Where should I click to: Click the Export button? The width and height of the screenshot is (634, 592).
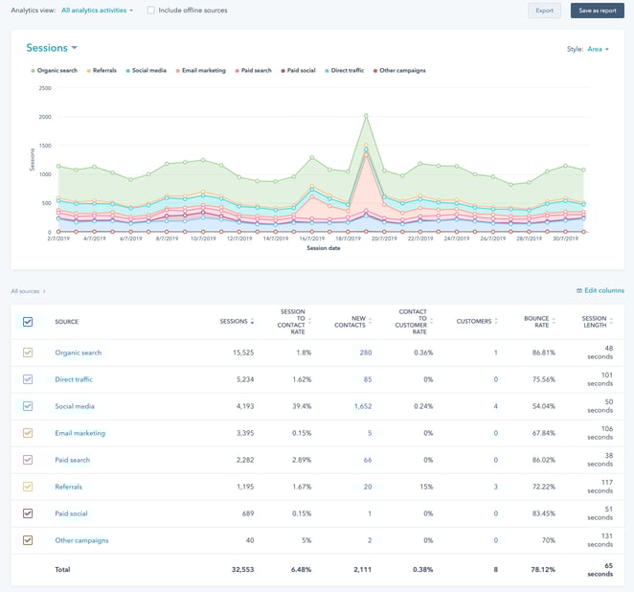point(544,11)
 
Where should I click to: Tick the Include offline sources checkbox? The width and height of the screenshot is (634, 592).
point(150,11)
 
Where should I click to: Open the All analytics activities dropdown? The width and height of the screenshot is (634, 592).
point(97,11)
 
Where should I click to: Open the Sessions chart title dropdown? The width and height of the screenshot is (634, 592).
point(52,48)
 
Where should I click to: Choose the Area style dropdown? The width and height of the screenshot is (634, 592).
point(599,49)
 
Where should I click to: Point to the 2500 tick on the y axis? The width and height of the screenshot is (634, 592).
point(45,88)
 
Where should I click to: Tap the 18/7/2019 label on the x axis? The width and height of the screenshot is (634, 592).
point(348,239)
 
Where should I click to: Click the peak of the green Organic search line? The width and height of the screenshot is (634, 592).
point(366,116)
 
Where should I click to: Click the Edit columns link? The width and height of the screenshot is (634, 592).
point(600,290)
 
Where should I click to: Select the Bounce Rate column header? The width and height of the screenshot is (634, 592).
point(536,321)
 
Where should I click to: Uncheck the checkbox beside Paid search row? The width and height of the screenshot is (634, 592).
point(28,460)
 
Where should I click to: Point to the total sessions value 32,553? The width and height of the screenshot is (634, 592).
point(238,569)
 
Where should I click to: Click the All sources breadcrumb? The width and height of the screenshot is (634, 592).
point(27,290)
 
